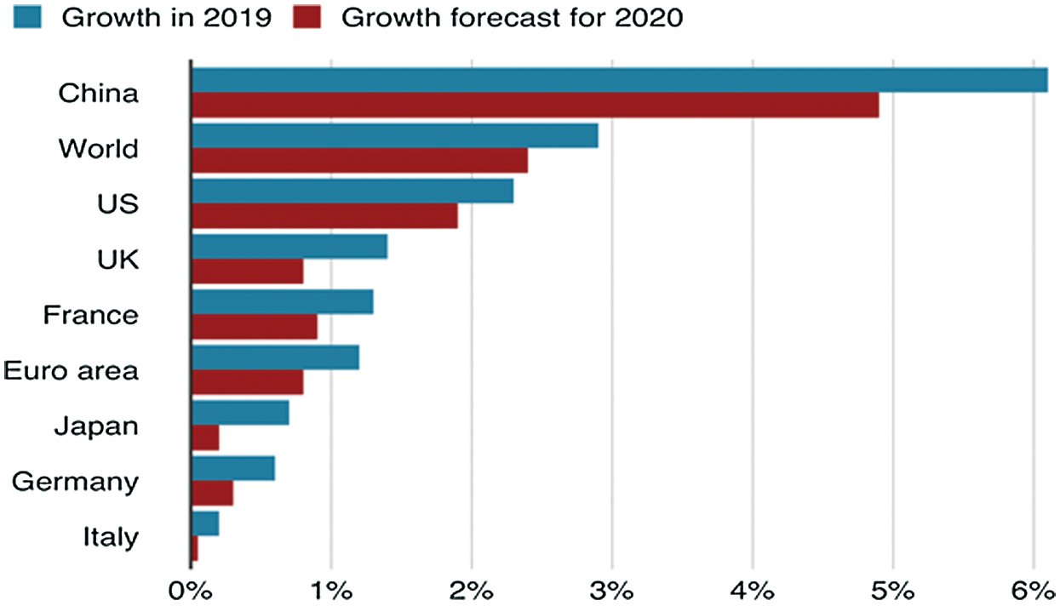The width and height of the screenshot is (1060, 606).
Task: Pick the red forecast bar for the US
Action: click(x=324, y=216)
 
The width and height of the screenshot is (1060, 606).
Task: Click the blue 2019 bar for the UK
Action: click(x=289, y=246)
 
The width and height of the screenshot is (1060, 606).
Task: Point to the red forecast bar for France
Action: click(x=255, y=327)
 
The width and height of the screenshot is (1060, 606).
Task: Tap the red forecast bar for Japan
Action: click(x=205, y=437)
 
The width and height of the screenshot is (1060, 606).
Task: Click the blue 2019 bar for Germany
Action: click(x=233, y=468)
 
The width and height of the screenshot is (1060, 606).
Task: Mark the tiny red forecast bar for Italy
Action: click(x=195, y=549)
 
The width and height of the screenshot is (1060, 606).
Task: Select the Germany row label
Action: click(x=75, y=482)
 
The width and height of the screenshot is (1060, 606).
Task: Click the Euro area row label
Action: click(x=71, y=371)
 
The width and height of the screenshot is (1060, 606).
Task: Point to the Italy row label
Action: click(x=110, y=537)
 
